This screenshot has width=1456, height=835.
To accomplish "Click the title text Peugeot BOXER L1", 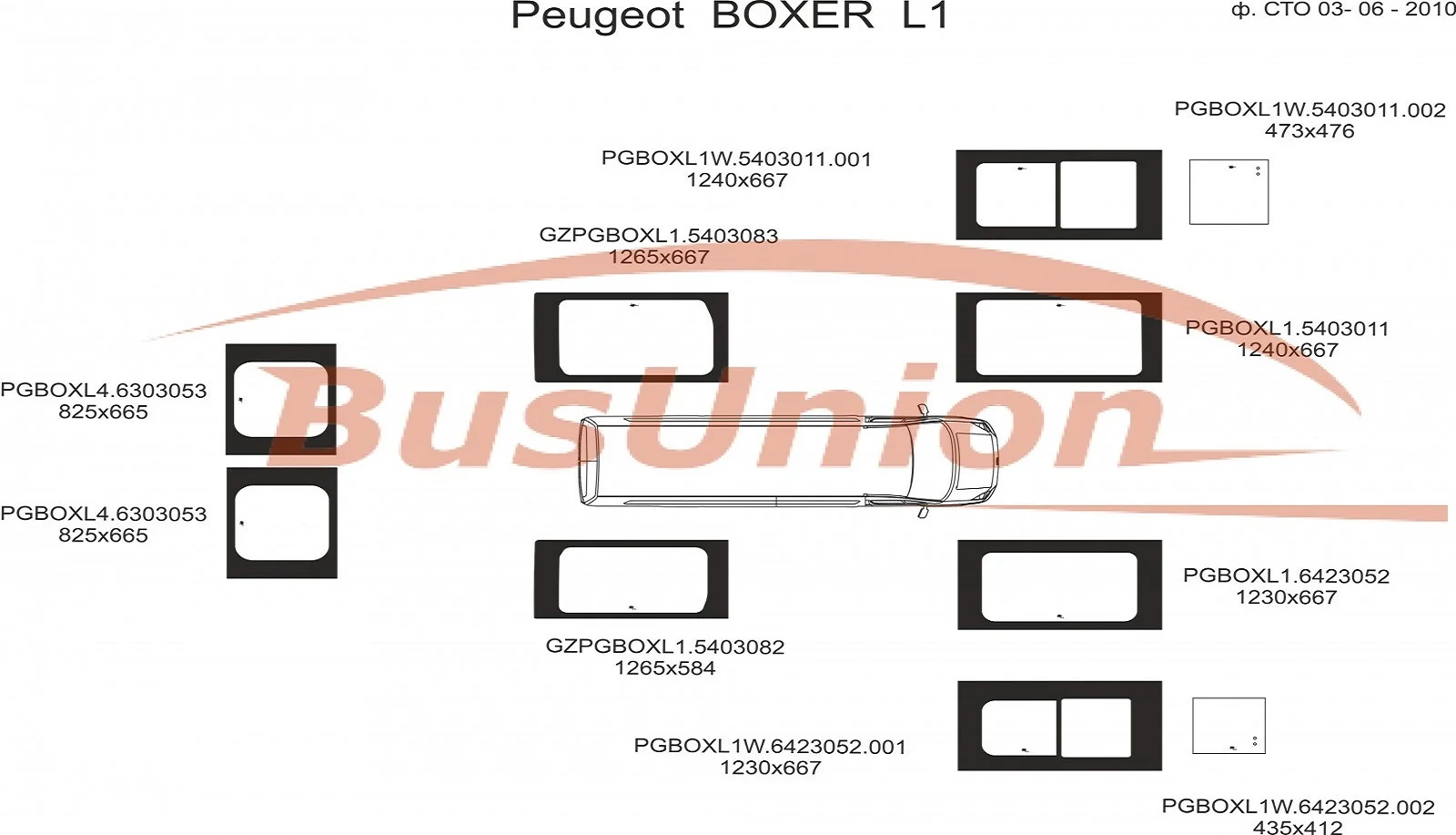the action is coord(729,15).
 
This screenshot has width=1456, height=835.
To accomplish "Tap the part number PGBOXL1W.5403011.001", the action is coord(736,158).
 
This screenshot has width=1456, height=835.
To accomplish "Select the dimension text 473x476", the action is coord(1309,131).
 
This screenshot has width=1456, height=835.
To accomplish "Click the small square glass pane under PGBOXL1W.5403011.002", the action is coord(1228,192).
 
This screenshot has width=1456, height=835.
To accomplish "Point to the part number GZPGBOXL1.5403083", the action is coord(659,236).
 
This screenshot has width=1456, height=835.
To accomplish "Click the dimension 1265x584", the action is coord(665,667).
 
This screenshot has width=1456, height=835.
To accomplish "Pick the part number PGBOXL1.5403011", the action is coord(1287,329).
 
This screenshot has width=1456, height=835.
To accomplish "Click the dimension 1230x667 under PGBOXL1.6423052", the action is coord(1286,597).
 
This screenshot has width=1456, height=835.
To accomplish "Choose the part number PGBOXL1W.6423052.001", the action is coord(770,747).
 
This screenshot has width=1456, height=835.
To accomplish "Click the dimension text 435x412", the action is coord(1298,827).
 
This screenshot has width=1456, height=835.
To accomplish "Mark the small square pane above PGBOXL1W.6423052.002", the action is coord(1228,726).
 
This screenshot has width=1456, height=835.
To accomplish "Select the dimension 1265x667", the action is coord(659,257).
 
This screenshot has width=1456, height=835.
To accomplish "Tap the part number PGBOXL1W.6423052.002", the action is coord(1298,807).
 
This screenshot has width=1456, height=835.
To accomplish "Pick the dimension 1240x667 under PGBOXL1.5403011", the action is coord(1287,350).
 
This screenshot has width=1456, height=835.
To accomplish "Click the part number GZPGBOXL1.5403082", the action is coord(665,647).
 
